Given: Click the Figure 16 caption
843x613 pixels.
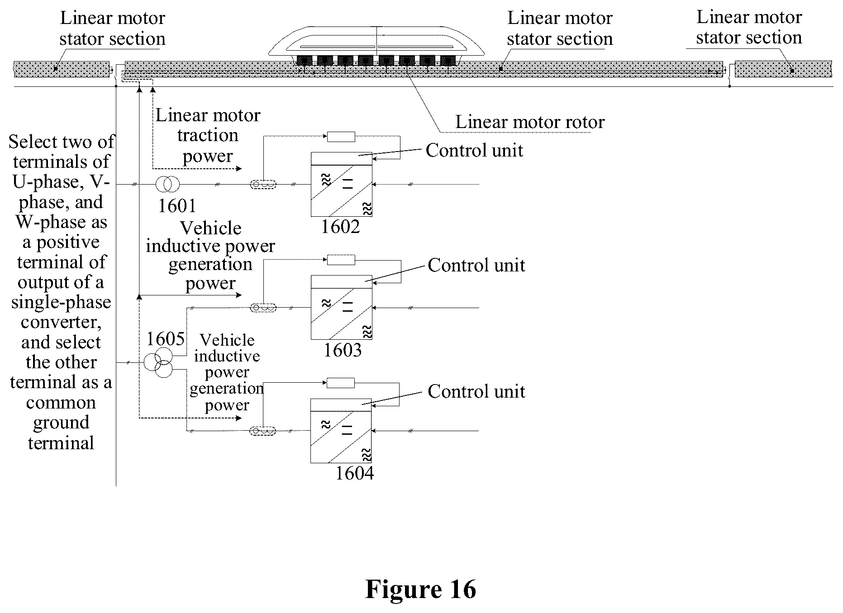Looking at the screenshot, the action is click(x=420, y=589).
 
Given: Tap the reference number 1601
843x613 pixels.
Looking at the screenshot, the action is click(x=177, y=206).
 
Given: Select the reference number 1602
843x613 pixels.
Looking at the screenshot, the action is click(x=340, y=227).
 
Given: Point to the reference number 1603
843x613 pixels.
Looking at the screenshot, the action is click(x=343, y=350).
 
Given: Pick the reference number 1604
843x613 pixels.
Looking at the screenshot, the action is click(x=355, y=473).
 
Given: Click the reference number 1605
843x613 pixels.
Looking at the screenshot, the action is click(x=166, y=339).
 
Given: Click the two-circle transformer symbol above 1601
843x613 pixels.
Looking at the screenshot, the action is click(x=167, y=184).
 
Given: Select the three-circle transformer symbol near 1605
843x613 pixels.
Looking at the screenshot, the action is click(x=159, y=362).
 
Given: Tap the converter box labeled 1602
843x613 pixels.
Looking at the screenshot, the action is click(x=342, y=184).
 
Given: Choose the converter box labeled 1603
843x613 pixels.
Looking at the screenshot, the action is click(x=342, y=307).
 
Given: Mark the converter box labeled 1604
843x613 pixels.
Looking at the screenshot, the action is click(x=341, y=431).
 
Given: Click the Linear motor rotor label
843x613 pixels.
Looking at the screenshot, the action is click(x=530, y=122).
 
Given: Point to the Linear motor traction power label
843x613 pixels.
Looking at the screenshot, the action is click(x=208, y=136).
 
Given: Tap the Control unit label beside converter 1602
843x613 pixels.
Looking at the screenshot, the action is click(x=474, y=150).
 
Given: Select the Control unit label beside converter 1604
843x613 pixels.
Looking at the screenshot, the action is click(x=476, y=391).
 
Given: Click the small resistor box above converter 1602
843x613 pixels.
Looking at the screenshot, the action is click(x=341, y=136).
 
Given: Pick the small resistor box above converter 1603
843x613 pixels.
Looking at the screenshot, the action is click(x=341, y=260).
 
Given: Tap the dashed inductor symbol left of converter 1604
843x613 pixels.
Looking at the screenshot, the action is click(x=263, y=431).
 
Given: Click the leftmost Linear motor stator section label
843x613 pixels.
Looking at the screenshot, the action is click(x=112, y=29).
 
